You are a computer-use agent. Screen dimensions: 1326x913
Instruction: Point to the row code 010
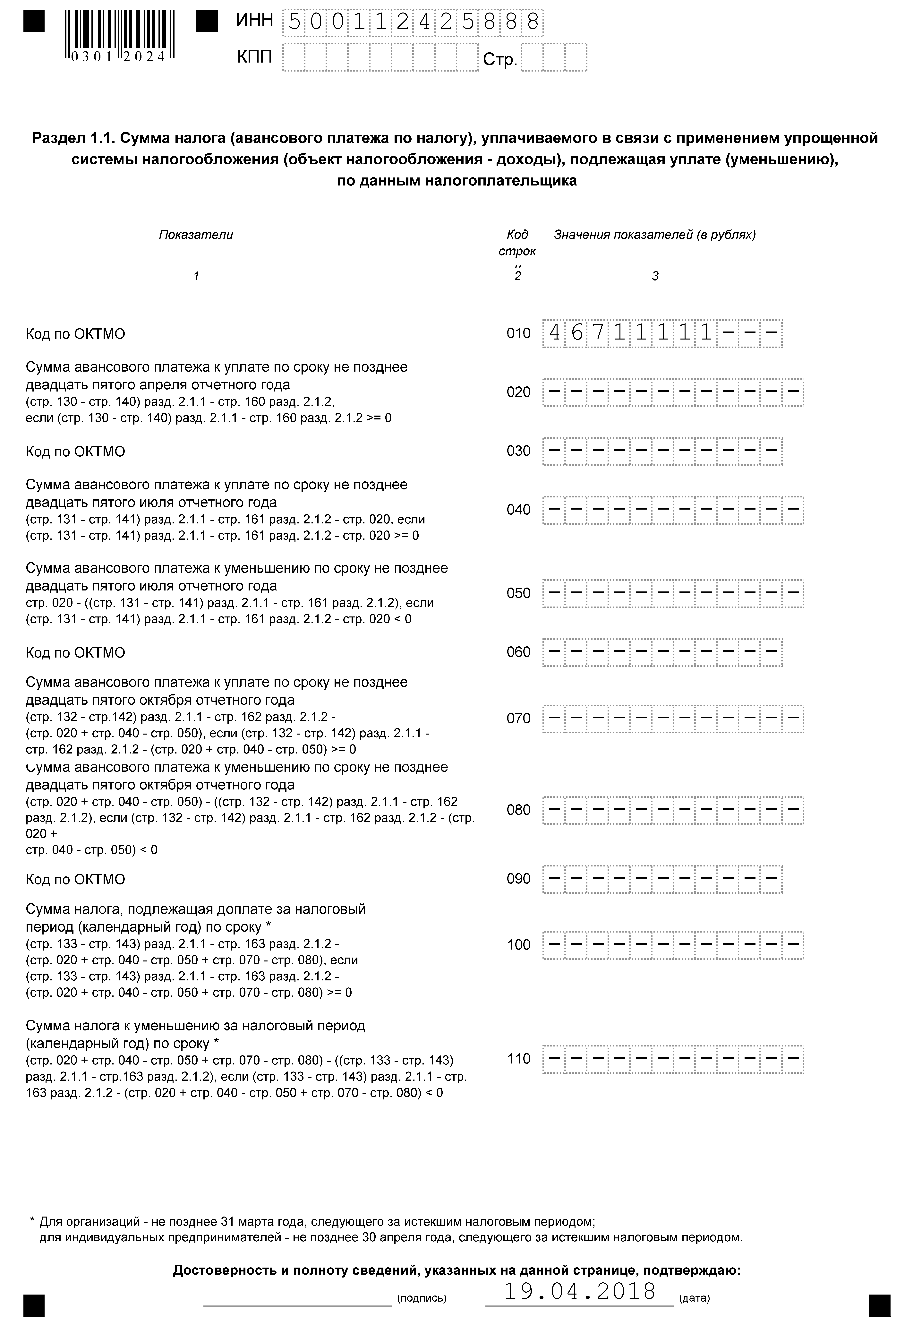pyautogui.click(x=518, y=333)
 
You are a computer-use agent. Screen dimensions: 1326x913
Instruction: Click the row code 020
pyautogui.click(x=518, y=392)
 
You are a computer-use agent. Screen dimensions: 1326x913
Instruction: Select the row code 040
pyautogui.click(x=518, y=510)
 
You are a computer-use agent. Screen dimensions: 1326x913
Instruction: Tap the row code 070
pyautogui.click(x=518, y=719)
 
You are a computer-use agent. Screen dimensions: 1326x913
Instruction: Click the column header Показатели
pyautogui.click(x=196, y=235)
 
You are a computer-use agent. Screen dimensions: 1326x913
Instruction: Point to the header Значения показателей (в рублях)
pyautogui.click(x=654, y=235)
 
